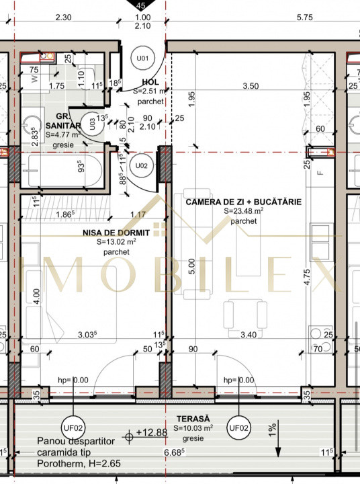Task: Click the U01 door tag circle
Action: [142, 58]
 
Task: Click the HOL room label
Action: [149, 82]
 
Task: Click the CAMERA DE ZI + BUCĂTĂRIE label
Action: [243, 201]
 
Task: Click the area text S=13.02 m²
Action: [116, 242]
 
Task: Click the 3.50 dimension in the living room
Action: [251, 85]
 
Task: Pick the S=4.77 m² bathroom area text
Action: [64, 134]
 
